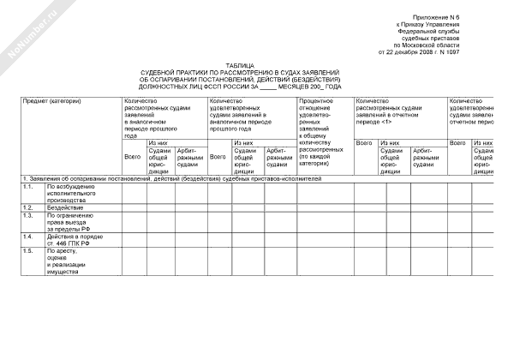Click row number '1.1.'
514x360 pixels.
[x=28, y=186]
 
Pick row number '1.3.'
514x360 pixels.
[x=28, y=215]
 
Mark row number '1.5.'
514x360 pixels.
[x=28, y=250]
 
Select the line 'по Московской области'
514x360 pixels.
[x=465, y=44]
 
